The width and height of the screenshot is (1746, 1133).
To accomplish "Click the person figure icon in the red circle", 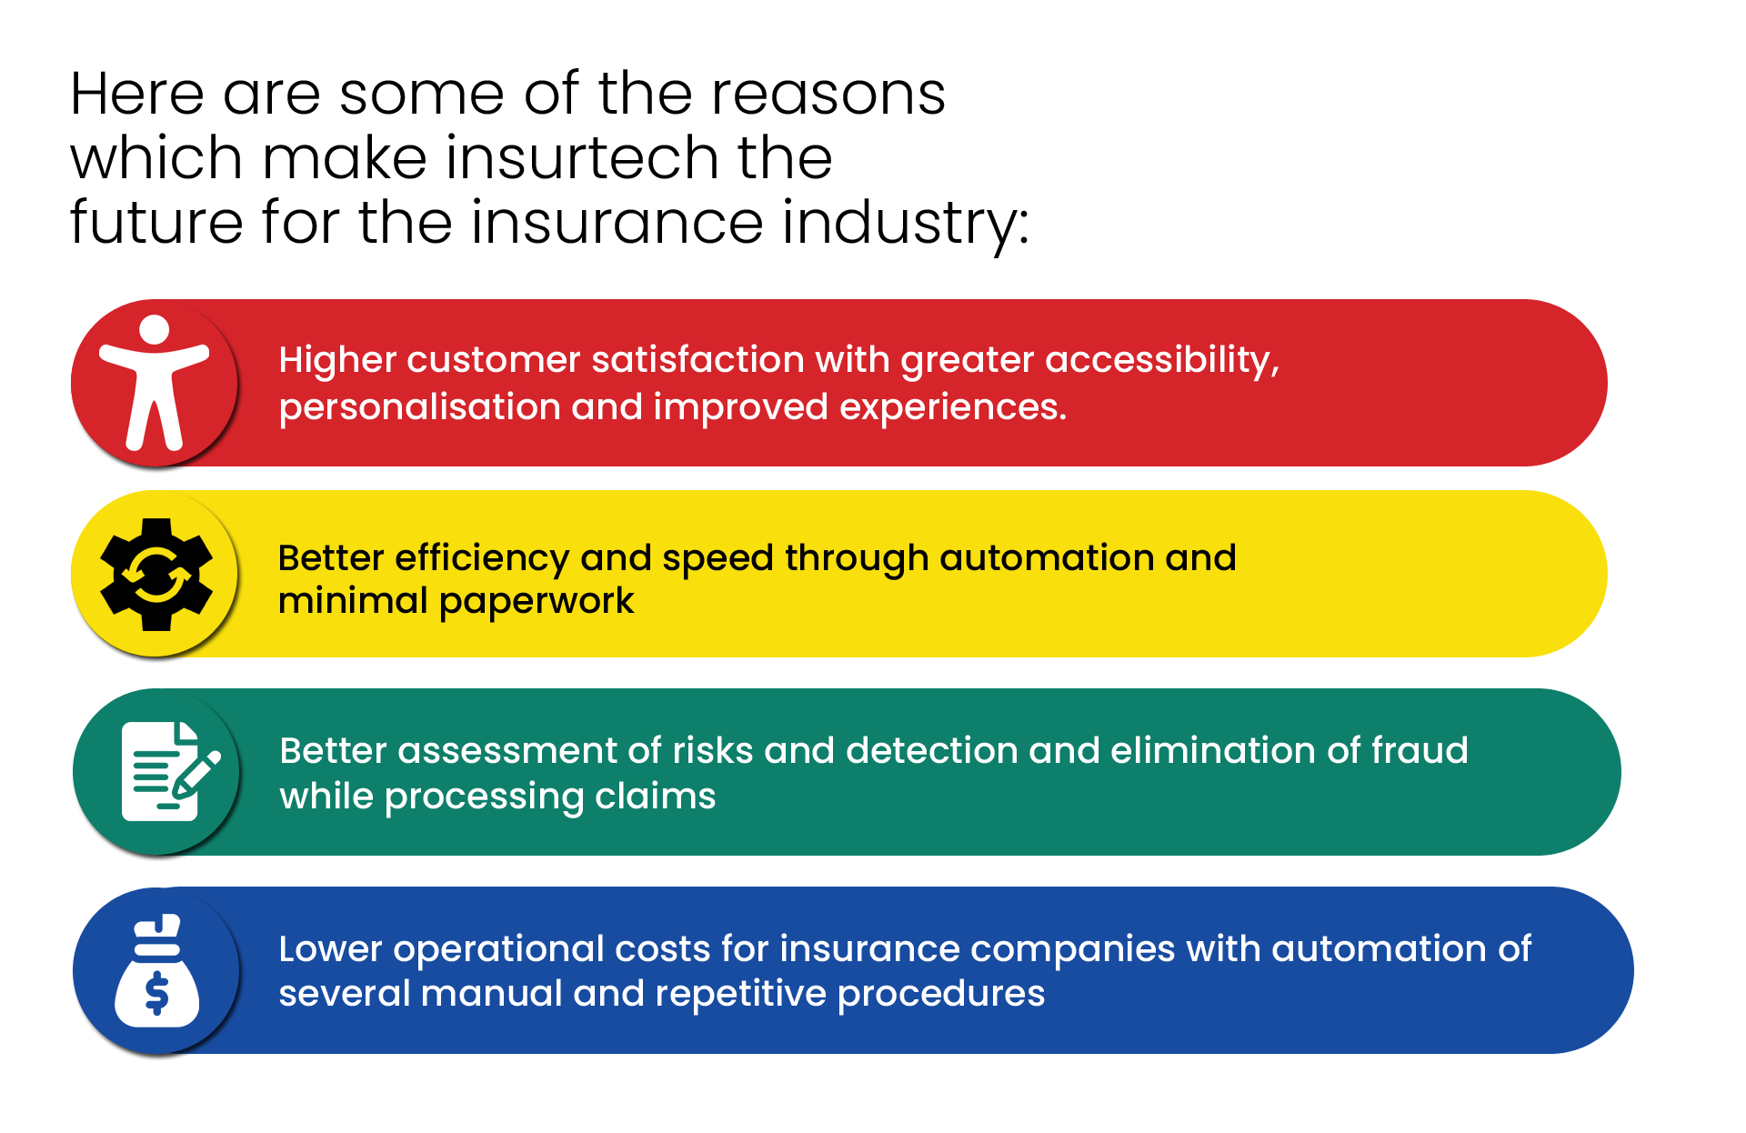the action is point(155,383).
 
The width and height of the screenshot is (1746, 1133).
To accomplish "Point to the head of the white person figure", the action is point(155,330).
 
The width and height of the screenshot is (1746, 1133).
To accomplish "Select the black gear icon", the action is point(156,575).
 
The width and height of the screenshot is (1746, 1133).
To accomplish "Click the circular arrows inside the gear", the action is point(156,575).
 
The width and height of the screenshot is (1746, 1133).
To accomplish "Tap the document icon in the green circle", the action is point(170,771).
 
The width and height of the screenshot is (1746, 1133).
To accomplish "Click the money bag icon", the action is point(156,970).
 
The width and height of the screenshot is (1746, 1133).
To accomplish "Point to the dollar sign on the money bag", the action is point(156,993).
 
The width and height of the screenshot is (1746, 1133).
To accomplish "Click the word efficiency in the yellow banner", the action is point(482,559).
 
